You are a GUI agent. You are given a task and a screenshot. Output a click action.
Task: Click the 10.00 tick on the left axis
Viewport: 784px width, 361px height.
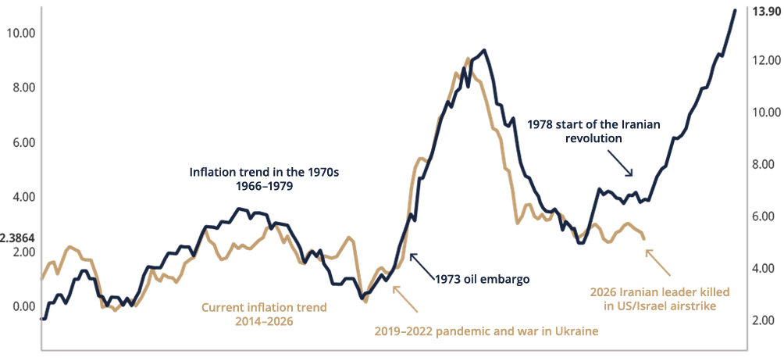click(x=20, y=34)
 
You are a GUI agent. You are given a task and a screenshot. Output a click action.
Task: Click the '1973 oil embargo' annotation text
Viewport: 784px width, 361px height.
click(x=483, y=278)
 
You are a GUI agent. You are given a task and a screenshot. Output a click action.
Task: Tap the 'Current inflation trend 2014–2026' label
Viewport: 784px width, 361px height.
click(x=265, y=314)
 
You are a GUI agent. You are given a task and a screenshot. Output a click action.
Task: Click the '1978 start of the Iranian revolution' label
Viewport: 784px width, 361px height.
click(x=594, y=130)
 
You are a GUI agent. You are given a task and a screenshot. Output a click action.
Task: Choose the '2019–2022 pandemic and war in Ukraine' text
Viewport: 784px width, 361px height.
click(x=490, y=331)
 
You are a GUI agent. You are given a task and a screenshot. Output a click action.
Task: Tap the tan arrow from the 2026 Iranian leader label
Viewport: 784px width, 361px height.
click(x=659, y=256)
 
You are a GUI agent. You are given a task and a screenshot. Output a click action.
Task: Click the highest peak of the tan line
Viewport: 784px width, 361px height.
click(x=468, y=58)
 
